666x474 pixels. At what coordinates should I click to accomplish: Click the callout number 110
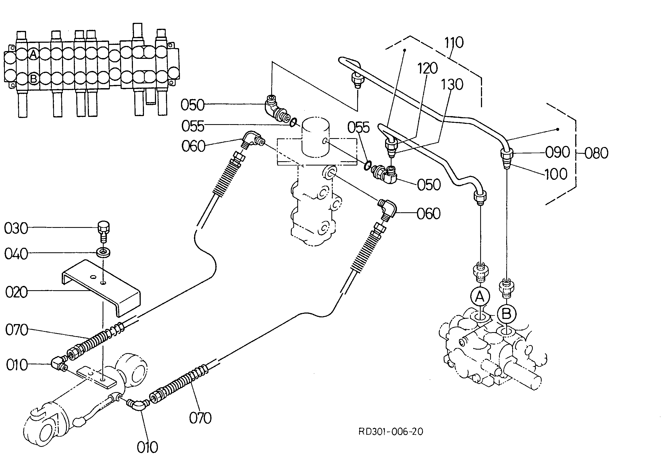click(x=454, y=43)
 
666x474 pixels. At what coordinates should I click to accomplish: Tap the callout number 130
click(x=452, y=85)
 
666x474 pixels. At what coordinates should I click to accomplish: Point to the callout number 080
click(x=596, y=153)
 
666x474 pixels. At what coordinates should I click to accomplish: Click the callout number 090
click(x=558, y=152)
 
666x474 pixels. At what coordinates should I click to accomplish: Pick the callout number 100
click(x=556, y=174)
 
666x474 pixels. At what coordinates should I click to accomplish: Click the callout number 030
click(x=16, y=228)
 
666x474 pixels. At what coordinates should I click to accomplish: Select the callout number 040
click(x=16, y=254)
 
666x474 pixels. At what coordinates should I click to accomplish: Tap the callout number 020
click(x=17, y=292)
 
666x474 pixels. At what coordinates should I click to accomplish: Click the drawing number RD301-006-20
click(x=391, y=431)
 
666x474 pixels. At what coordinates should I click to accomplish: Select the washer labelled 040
click(x=104, y=252)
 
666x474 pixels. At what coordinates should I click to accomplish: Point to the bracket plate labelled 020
click(x=101, y=288)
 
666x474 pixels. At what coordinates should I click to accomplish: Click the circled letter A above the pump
click(x=480, y=297)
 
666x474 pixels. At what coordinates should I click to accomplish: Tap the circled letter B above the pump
click(x=507, y=314)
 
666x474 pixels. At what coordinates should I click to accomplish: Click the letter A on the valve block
click(x=34, y=54)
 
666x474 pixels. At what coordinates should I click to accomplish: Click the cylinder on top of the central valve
click(x=316, y=137)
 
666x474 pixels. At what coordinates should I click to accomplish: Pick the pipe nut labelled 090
click(x=507, y=153)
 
